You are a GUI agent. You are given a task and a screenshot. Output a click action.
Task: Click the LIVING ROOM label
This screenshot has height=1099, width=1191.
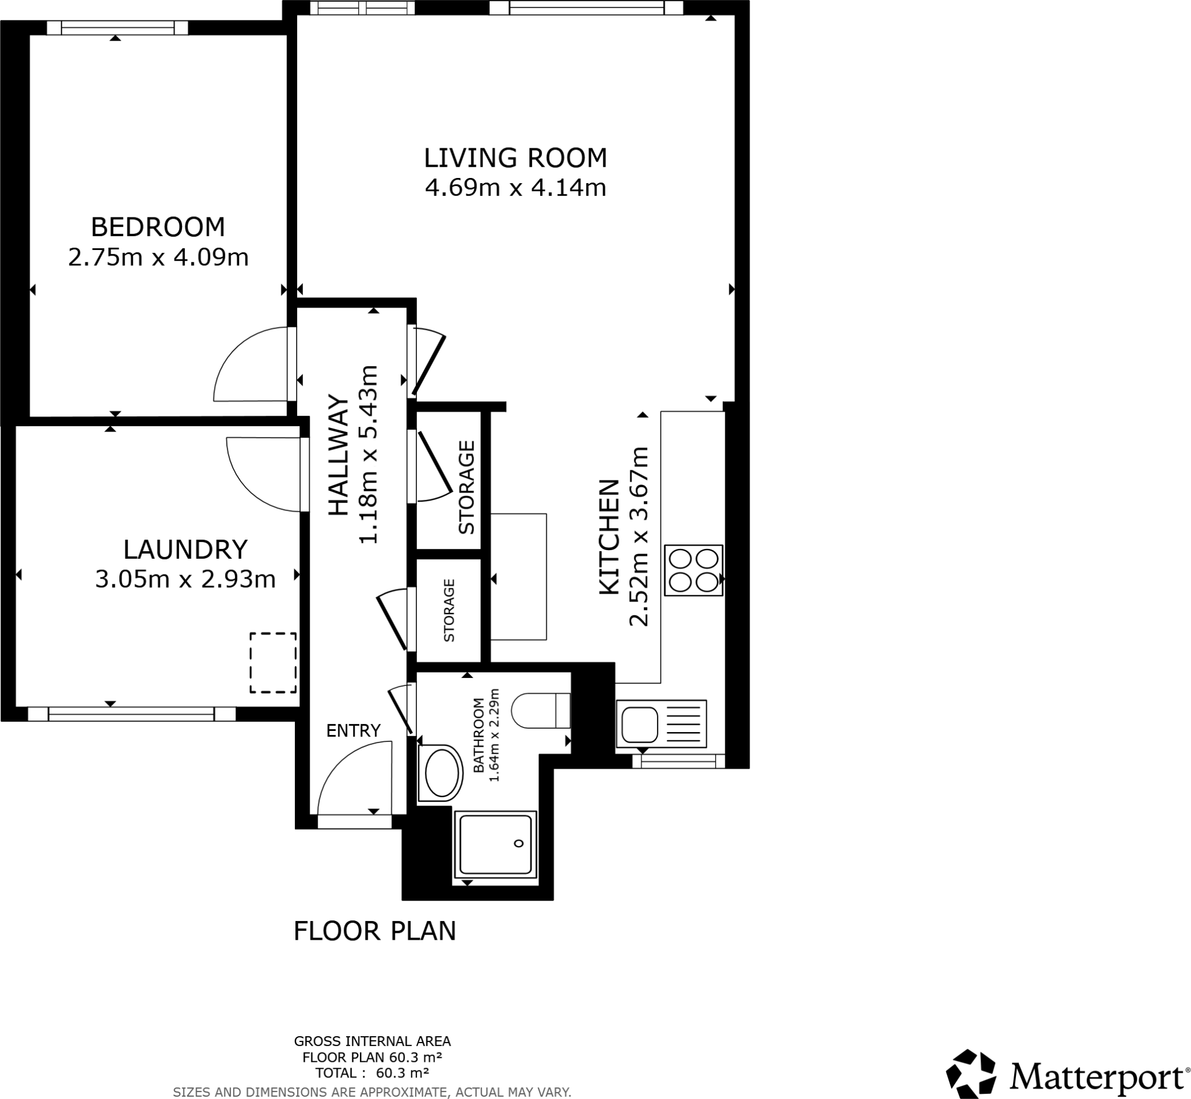tap(515, 158)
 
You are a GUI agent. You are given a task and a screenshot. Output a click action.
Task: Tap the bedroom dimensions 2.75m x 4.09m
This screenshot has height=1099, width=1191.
tap(158, 258)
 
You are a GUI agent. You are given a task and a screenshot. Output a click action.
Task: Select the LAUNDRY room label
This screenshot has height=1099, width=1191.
tap(185, 549)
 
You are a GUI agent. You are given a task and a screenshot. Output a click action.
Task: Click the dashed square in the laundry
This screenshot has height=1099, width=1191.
tap(273, 662)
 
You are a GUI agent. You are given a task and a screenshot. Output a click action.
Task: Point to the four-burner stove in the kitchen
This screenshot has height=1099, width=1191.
tap(693, 570)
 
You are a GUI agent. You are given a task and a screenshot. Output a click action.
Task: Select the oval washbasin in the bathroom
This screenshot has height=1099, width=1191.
tap(442, 773)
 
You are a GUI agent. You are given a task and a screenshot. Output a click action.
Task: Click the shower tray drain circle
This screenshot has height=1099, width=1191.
tap(519, 844)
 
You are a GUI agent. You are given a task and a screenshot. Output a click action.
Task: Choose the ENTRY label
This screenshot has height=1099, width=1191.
tap(353, 730)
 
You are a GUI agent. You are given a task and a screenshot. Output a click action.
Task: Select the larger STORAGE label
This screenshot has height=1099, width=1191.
tap(466, 487)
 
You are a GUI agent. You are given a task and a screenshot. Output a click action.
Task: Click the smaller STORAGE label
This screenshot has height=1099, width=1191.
tap(449, 610)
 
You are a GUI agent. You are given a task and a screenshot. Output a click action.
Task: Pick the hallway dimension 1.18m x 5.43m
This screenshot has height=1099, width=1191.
tap(368, 454)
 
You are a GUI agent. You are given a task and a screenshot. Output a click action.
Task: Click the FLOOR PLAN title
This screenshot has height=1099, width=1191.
tap(375, 931)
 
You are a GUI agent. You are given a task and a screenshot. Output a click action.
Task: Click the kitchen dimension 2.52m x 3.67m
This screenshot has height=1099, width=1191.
tap(639, 536)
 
